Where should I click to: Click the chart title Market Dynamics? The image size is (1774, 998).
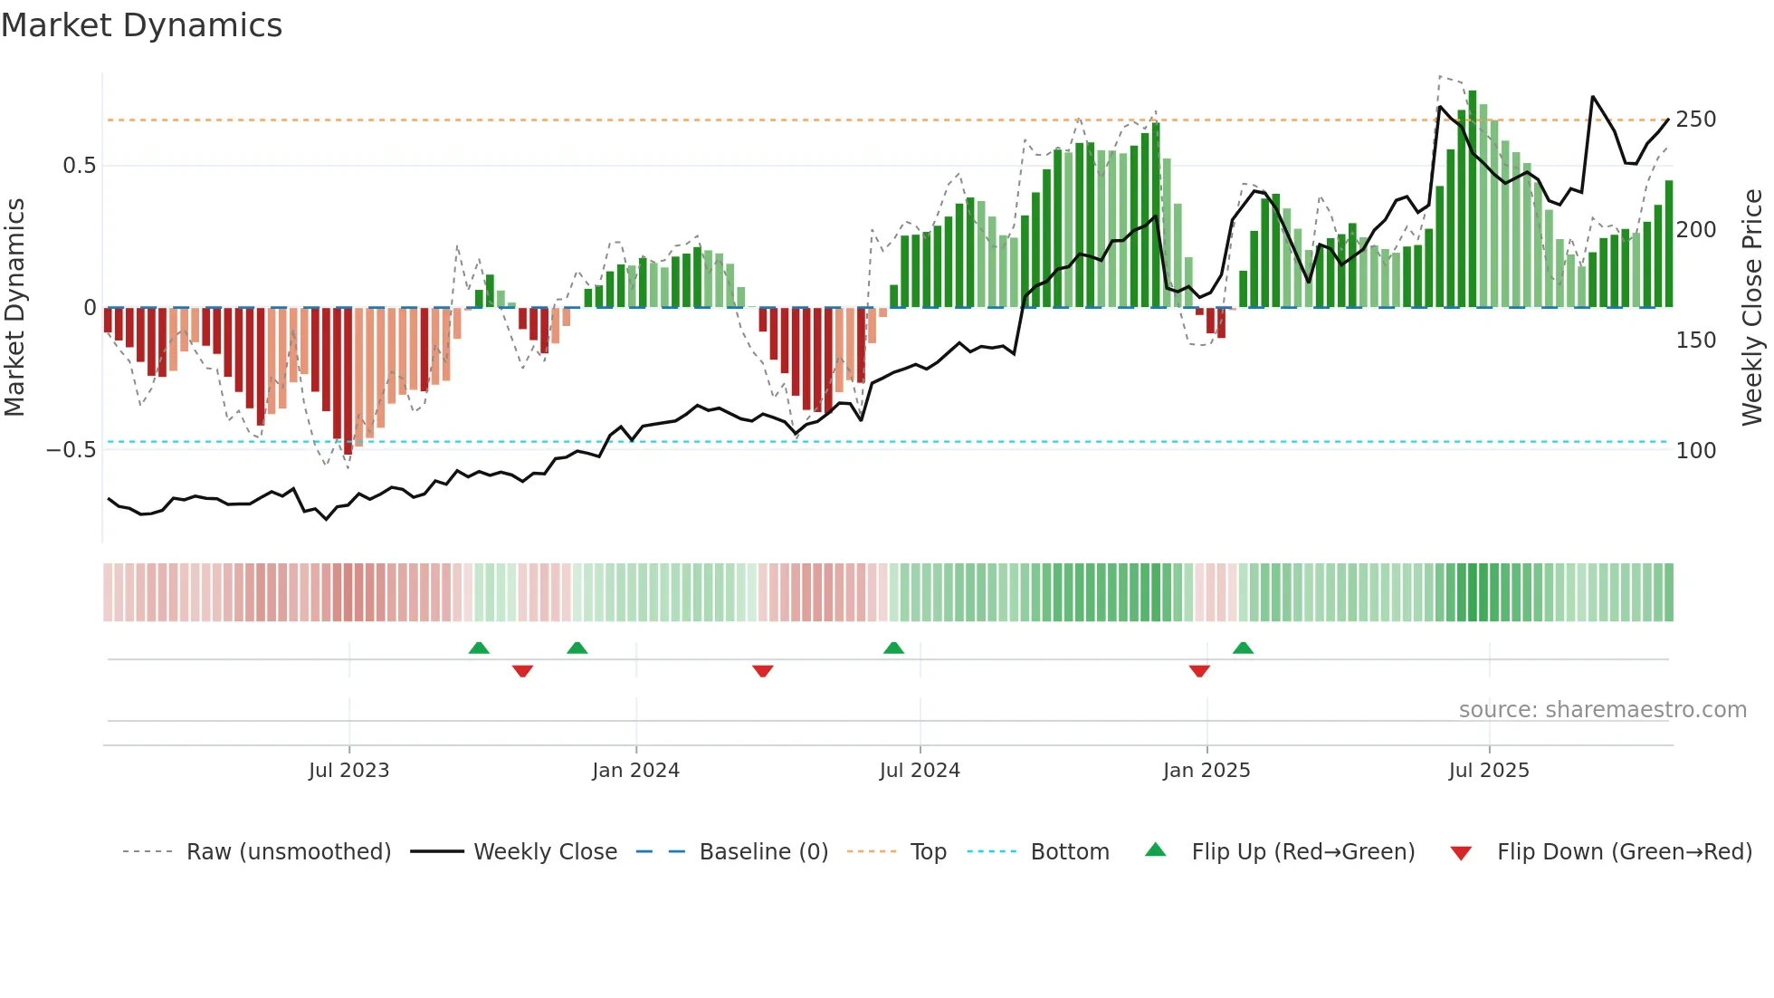[142, 25]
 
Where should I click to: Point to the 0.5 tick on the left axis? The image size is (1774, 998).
[79, 166]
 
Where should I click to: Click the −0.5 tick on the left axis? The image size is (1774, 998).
[72, 450]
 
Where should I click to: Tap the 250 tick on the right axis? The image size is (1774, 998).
[1695, 120]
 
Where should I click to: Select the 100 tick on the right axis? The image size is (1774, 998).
[1695, 450]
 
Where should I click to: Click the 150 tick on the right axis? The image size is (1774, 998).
[1695, 341]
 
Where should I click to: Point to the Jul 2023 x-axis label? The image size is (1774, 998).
[348, 771]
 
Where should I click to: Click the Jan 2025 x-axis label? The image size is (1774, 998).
[1206, 771]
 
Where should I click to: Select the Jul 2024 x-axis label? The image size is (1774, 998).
[920, 771]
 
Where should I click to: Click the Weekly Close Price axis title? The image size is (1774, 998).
[1752, 308]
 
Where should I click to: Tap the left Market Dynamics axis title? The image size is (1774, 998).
[15, 308]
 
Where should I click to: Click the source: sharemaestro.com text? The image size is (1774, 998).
[1602, 710]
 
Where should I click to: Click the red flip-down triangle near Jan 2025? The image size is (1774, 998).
[1199, 671]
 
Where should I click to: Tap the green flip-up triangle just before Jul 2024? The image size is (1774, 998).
[893, 648]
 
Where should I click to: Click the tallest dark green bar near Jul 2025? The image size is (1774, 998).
[1473, 199]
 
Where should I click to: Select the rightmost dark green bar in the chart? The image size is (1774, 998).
[1669, 245]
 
